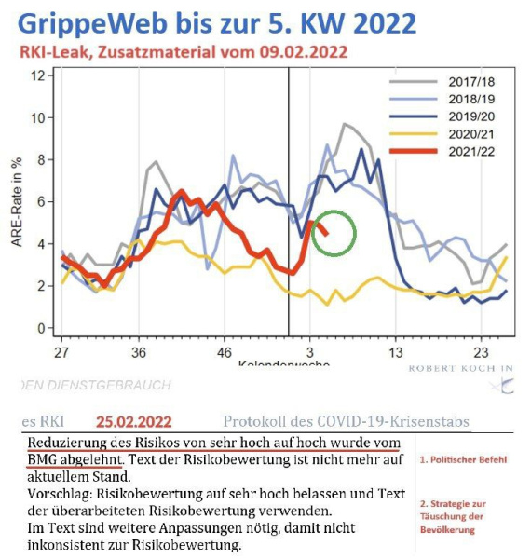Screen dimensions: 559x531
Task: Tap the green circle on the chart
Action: [334, 233]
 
